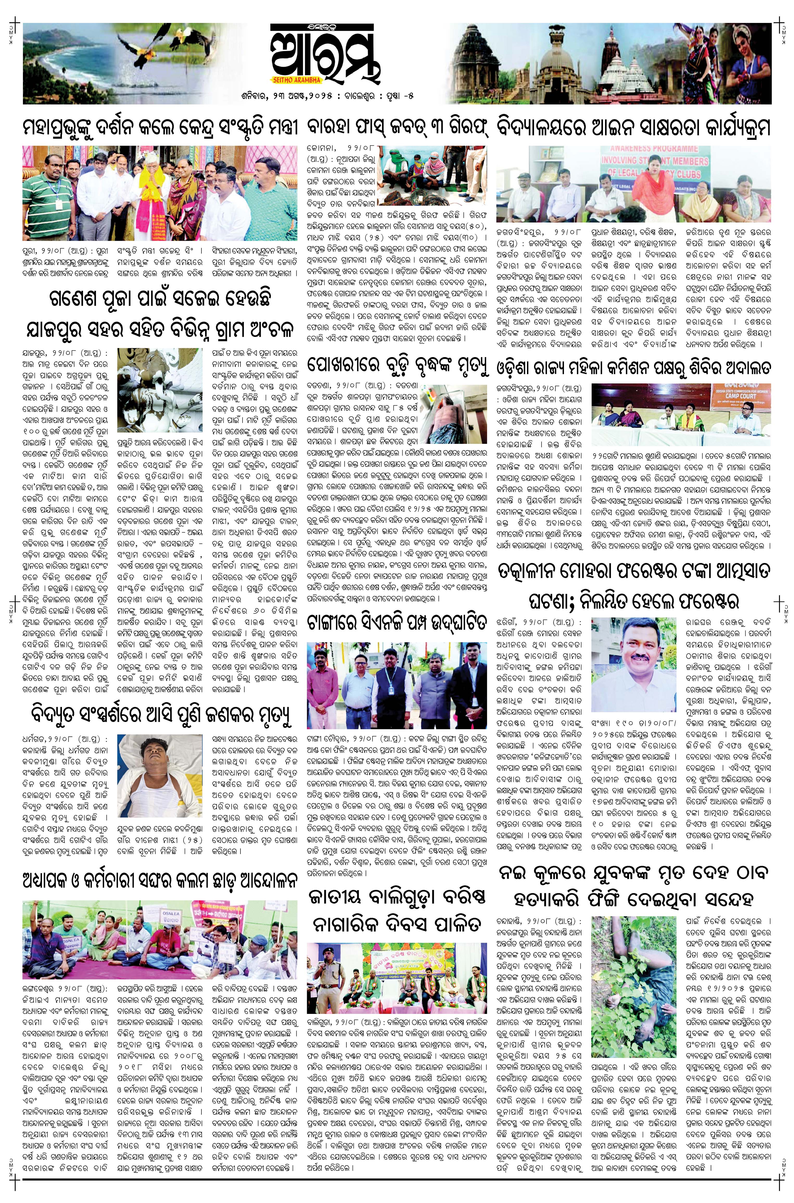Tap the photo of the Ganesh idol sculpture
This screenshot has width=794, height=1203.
coord(160,389)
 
